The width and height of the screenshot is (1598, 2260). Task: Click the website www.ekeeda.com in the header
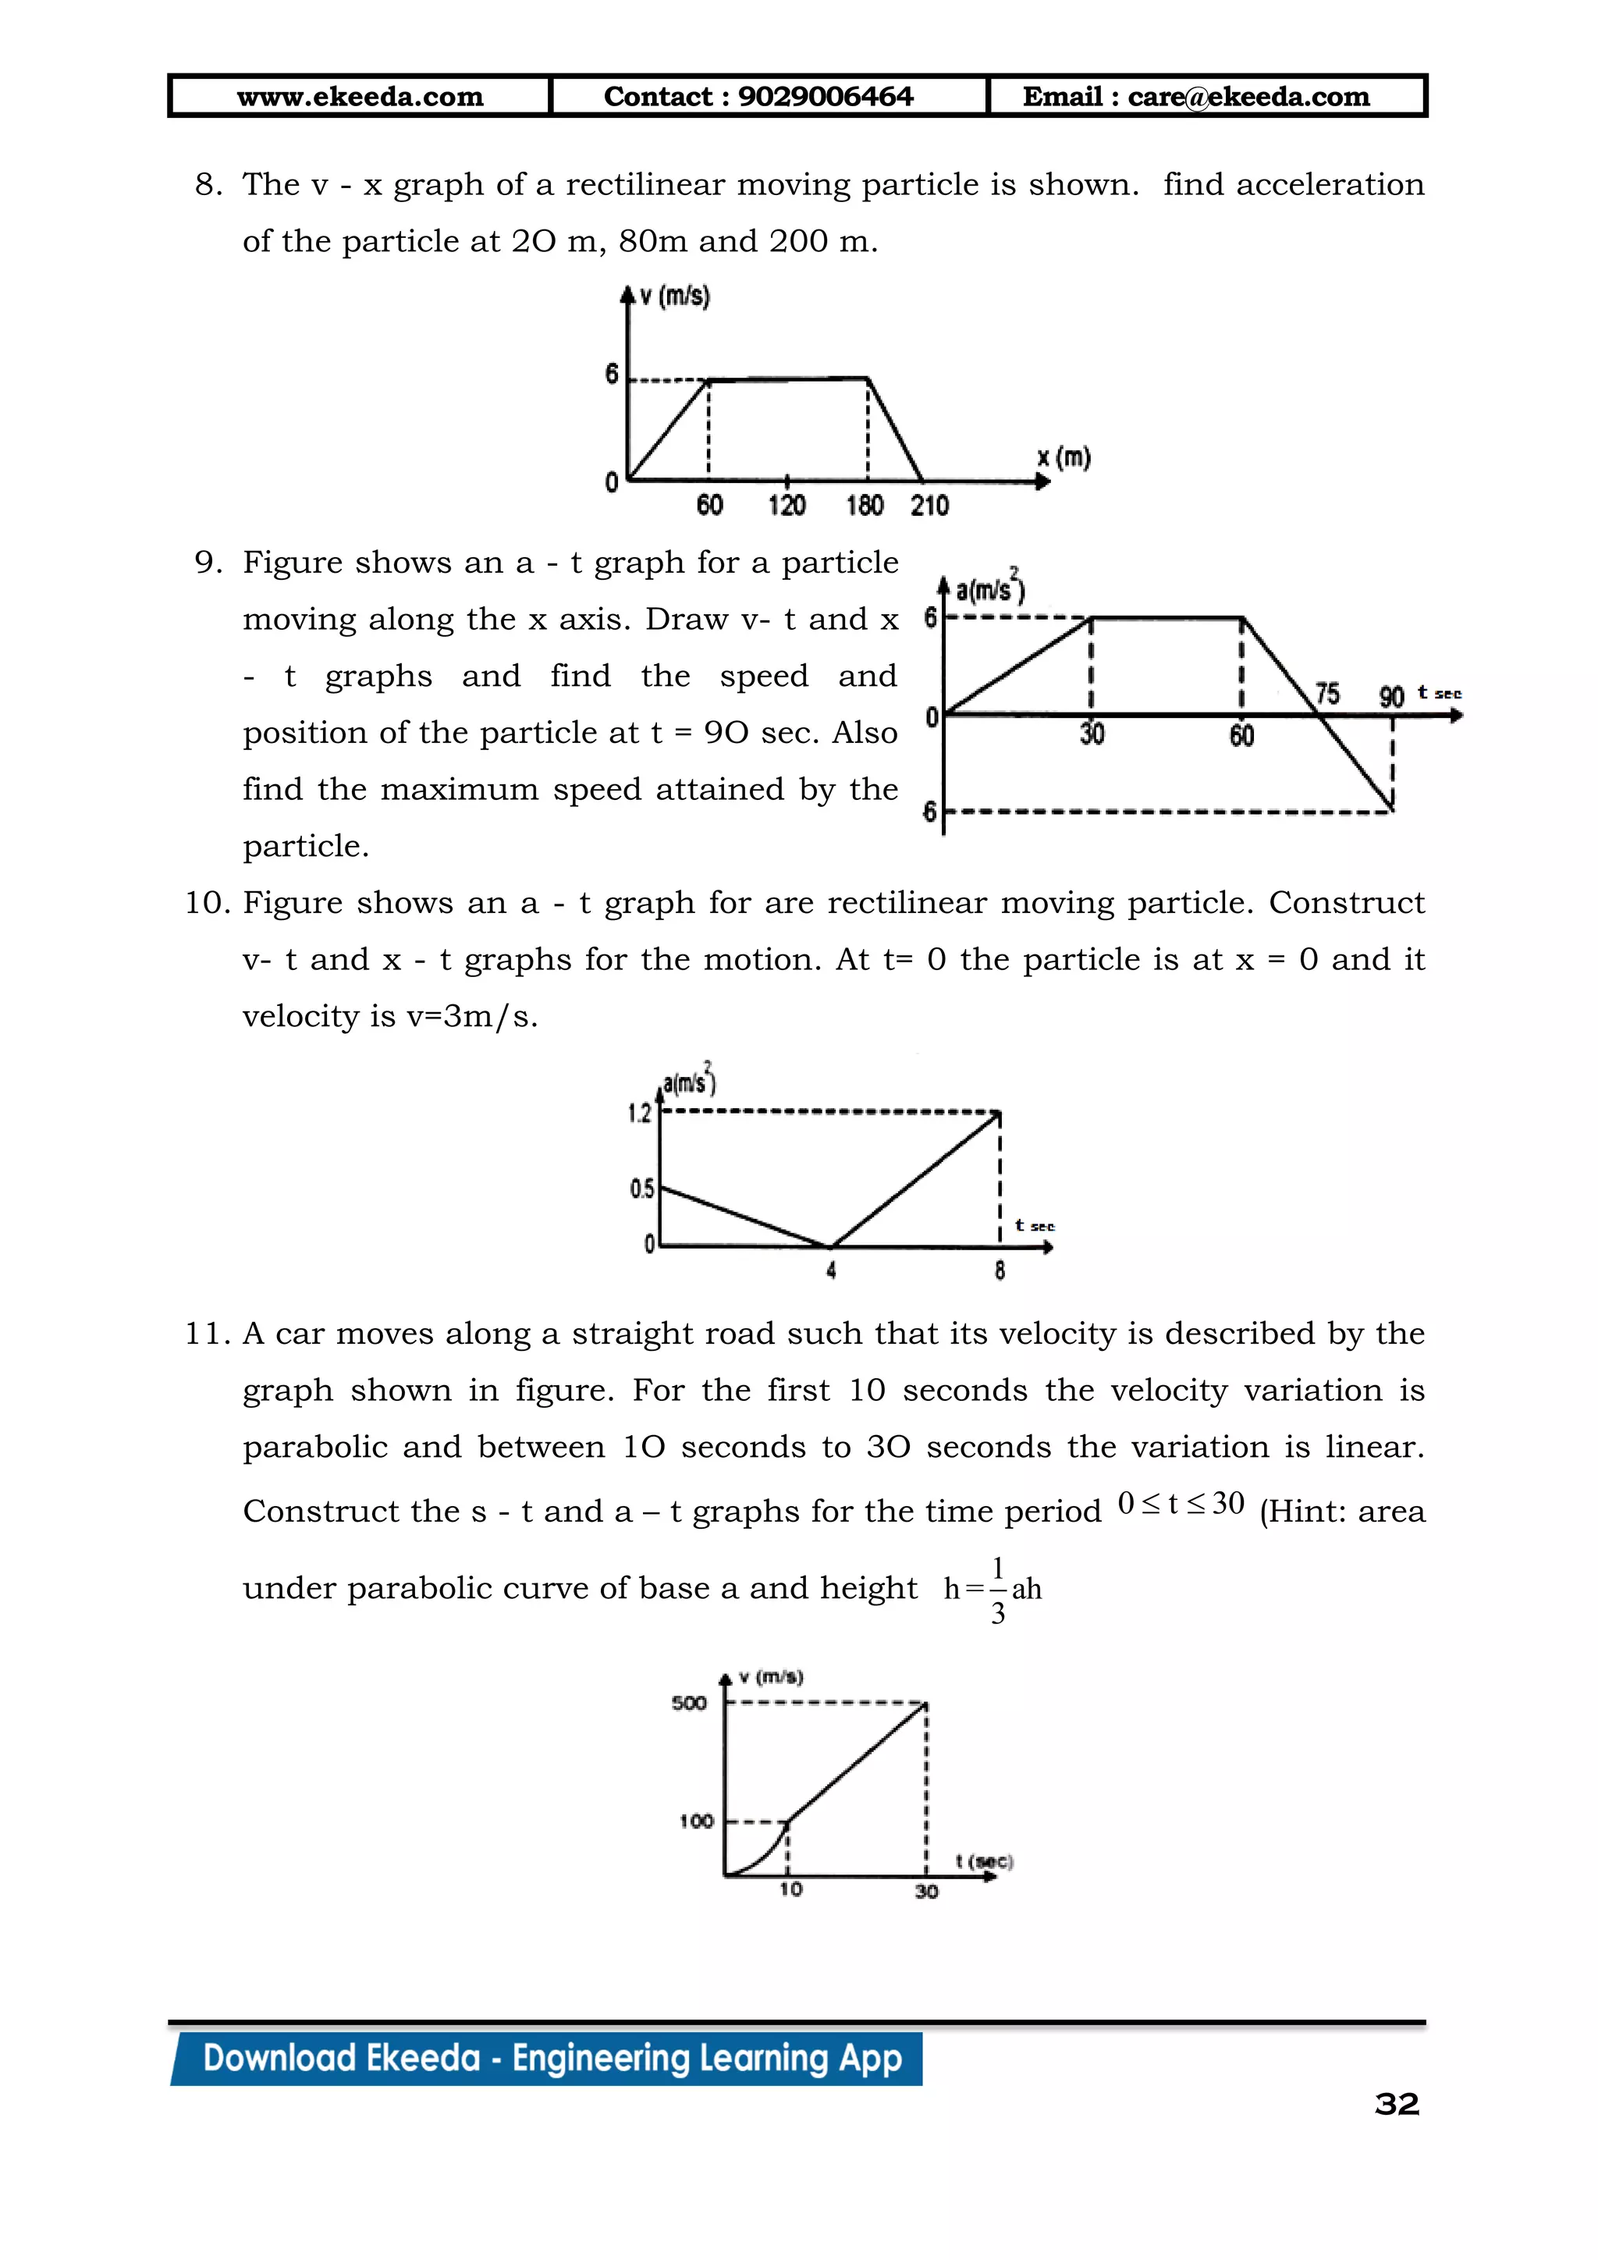pos(360,97)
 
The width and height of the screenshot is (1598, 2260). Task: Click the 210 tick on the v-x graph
pos(929,506)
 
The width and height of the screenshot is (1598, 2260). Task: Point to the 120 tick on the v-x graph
pos(787,506)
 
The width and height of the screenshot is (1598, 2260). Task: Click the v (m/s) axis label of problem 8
pos(674,297)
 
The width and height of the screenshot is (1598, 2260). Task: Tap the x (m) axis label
pos(1064,458)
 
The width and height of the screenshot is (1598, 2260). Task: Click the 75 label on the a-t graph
pos(1327,694)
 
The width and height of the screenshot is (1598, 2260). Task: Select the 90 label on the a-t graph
pos(1390,697)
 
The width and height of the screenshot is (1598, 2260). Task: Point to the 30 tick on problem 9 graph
pos(1092,734)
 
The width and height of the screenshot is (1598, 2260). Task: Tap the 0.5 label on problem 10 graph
pos(641,1189)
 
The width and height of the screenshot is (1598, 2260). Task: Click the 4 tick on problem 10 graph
pos(832,1270)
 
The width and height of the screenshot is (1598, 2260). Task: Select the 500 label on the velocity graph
pos(689,1704)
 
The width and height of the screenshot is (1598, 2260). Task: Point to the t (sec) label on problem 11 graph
pos(984,1861)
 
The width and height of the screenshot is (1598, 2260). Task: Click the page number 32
pos(1396,2105)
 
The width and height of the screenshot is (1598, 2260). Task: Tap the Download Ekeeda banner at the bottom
pos(551,2058)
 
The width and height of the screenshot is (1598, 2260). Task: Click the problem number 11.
pos(207,1334)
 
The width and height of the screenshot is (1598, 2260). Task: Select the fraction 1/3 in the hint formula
pos(998,1589)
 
